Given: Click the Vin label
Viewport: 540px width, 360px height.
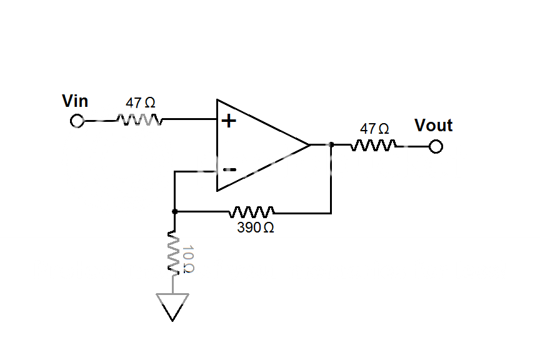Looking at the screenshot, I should (75, 101).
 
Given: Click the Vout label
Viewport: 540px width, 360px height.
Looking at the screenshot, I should (433, 126).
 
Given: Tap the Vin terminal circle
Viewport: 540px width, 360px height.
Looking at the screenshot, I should (77, 121).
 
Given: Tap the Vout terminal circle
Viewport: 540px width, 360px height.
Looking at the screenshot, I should (436, 147).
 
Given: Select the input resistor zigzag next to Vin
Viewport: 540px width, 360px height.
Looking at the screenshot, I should (139, 119).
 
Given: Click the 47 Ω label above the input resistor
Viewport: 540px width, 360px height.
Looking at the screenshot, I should (141, 102).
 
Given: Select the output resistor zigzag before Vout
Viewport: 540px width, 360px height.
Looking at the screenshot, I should (374, 146).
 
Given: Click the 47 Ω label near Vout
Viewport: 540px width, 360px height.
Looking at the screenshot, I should (374, 129).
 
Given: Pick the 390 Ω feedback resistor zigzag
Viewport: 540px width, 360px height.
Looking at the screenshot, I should (252, 211).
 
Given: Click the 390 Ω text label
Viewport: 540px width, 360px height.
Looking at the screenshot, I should (255, 228).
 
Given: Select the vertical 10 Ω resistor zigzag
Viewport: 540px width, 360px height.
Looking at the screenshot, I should (174, 253).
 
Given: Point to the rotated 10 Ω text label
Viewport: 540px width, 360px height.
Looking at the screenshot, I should (188, 259).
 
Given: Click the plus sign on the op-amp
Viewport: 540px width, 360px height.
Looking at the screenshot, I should (229, 121).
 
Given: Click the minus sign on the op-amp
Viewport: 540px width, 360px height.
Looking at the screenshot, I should (229, 169).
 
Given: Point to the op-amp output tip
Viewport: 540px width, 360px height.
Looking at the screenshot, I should (309, 145).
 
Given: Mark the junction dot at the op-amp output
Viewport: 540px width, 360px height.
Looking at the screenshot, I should (331, 145).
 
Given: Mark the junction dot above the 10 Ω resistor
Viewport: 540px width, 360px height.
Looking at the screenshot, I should (174, 212).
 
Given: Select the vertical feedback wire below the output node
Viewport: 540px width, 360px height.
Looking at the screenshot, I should (331, 181).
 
